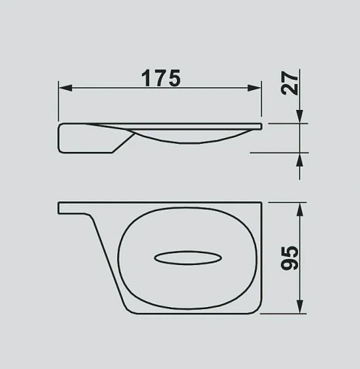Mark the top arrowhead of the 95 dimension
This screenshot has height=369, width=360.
tap(299, 210)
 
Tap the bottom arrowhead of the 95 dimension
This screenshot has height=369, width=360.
tap(299, 307)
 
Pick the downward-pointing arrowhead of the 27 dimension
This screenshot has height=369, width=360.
tap(300, 117)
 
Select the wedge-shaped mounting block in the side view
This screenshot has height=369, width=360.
tap(87, 139)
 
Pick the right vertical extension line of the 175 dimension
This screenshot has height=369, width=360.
tap(263, 100)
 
